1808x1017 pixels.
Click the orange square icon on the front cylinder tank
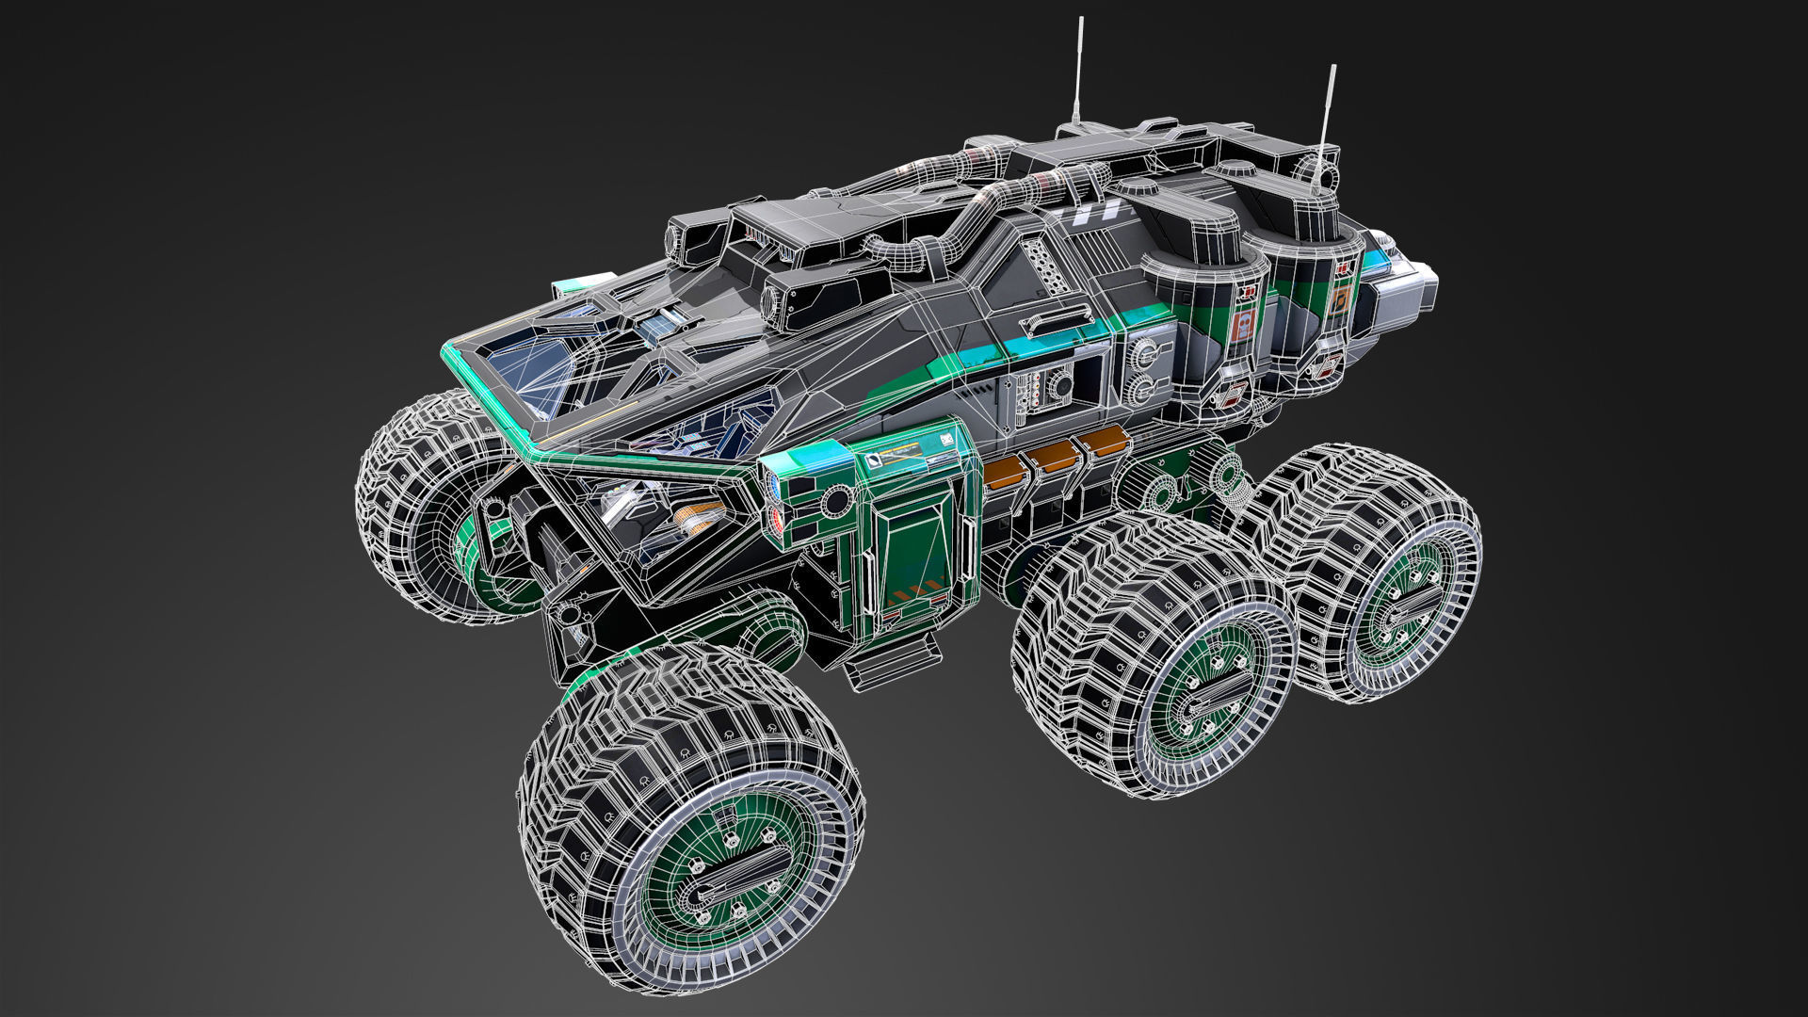pyautogui.click(x=1243, y=325)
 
